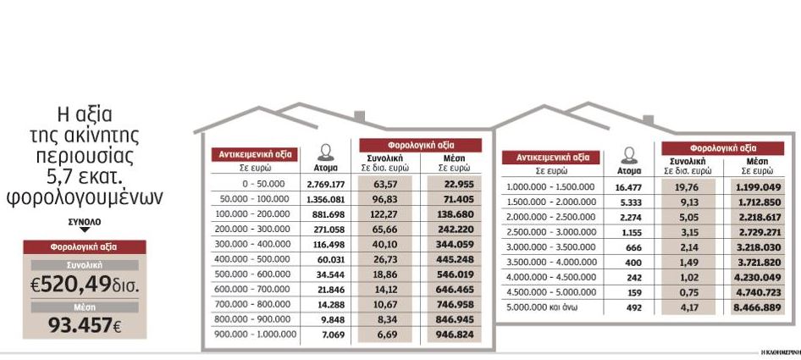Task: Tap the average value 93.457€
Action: point(85,325)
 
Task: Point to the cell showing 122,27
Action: point(385,214)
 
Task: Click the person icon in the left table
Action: point(326,153)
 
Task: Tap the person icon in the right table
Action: point(628,156)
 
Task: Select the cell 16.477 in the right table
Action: point(628,187)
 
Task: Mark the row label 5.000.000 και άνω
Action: point(542,309)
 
